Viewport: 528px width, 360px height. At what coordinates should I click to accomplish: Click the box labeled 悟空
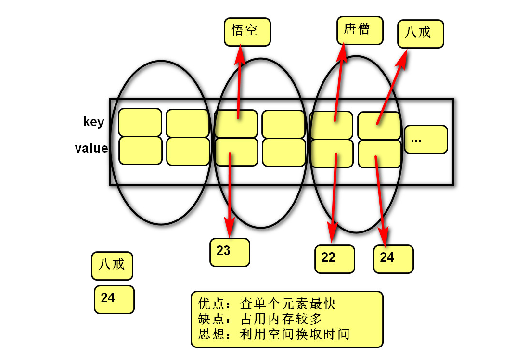[247, 32]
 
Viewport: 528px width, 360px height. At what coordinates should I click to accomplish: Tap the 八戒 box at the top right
[421, 34]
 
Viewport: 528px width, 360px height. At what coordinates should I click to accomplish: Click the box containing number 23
[230, 252]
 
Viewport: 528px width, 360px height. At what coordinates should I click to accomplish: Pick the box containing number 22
[335, 258]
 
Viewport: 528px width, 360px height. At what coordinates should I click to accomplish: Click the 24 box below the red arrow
[393, 258]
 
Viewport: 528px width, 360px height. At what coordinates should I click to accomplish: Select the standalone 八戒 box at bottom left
[112, 265]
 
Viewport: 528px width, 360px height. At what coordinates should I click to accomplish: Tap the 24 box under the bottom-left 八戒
[114, 299]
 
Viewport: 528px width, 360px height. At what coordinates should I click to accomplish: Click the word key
[93, 122]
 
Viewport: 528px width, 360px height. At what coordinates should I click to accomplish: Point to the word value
[91, 148]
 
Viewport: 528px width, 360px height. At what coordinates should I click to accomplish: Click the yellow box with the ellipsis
[425, 140]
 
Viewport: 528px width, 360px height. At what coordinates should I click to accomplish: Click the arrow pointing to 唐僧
[339, 82]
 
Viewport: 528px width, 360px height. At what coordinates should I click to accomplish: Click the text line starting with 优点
[267, 304]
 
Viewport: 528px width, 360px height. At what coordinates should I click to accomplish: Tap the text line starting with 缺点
[260, 319]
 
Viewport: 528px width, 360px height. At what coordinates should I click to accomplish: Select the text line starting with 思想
[274, 334]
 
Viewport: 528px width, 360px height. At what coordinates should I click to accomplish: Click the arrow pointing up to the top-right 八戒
[392, 87]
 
